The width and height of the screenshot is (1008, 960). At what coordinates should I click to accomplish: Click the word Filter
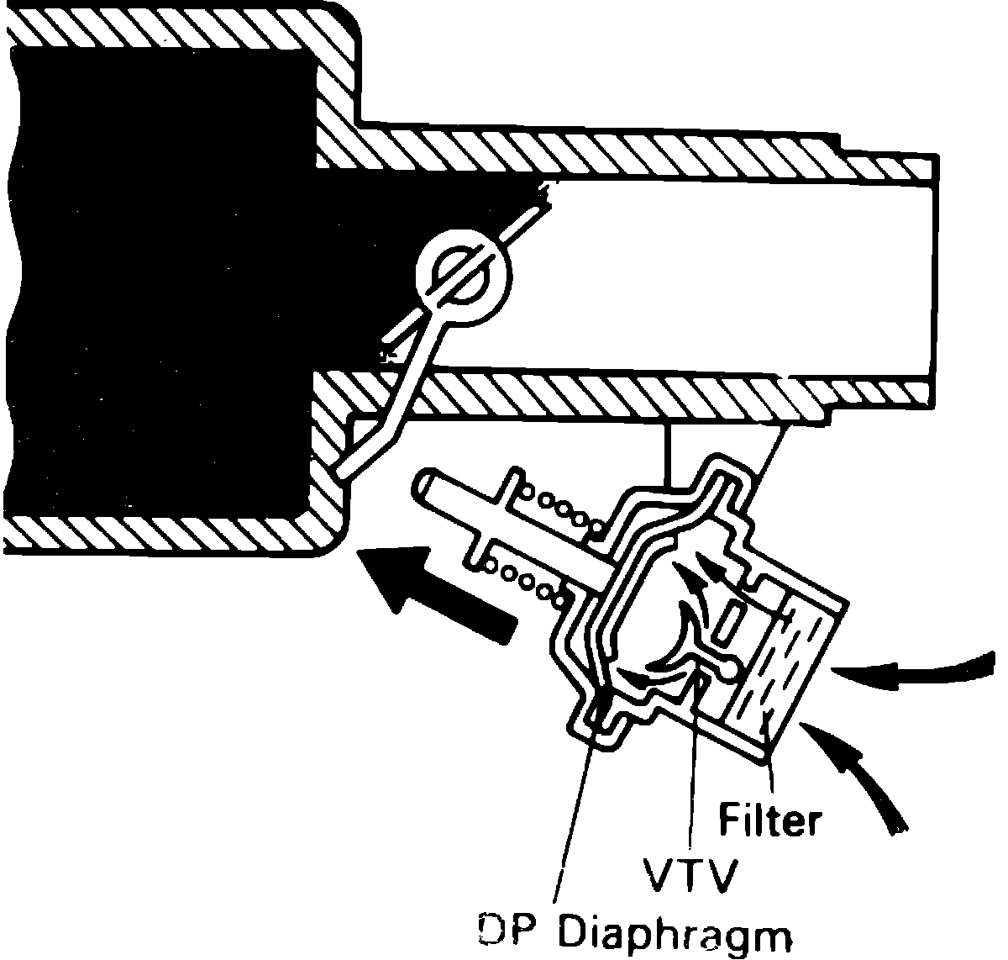769,820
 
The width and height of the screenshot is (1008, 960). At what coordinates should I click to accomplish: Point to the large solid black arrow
437,593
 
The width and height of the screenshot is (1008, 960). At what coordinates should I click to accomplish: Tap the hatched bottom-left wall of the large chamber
168,530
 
